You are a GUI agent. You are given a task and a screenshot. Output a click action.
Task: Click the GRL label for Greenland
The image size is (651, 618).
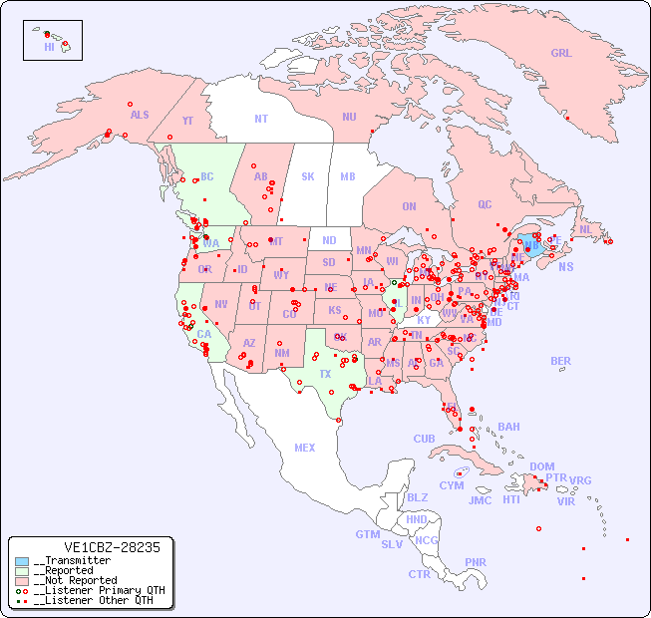561,53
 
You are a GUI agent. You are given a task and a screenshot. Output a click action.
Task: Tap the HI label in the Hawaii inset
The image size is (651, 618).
48,46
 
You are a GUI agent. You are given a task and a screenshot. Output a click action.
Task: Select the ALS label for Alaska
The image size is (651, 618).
140,115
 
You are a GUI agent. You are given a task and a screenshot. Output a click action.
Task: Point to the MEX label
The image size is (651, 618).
305,448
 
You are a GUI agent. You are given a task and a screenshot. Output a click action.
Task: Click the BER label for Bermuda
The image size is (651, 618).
561,361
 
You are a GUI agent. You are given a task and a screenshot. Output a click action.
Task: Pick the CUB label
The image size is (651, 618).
424,439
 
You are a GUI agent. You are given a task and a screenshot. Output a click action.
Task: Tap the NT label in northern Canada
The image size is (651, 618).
261,118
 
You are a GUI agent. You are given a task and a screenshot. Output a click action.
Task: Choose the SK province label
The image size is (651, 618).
308,176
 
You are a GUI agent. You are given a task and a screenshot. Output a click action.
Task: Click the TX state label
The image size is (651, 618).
325,374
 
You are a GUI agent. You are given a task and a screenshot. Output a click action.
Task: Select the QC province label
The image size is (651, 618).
485,204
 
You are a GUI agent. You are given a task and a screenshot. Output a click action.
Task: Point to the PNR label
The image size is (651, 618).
476,562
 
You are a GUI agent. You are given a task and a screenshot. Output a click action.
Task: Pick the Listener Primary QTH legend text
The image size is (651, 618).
99,590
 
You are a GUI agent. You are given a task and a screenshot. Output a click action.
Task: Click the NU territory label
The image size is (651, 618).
349,117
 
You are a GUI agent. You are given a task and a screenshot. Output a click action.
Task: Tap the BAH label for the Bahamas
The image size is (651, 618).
508,427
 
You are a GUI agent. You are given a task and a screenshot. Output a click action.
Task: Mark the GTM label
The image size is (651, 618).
367,534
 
